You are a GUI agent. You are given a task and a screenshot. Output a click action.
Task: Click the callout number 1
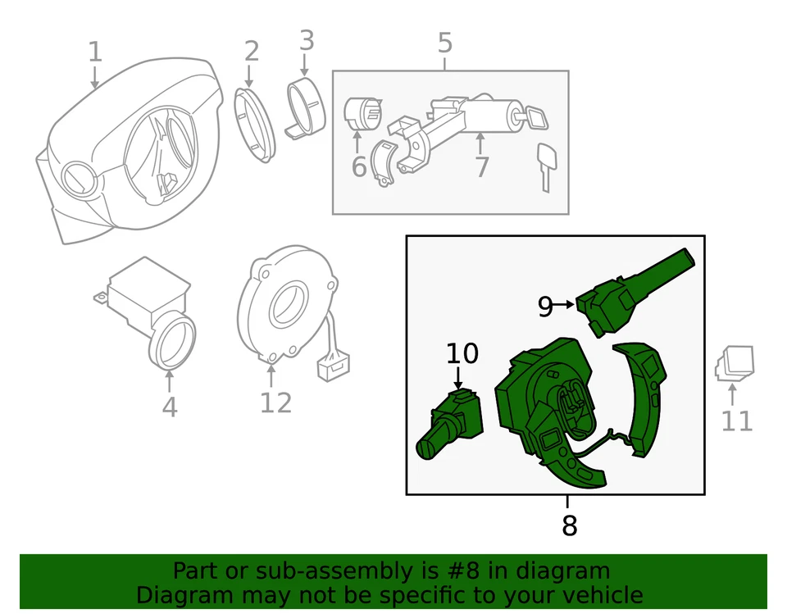(x=95, y=52)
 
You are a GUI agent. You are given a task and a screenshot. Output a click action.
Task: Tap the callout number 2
(x=251, y=51)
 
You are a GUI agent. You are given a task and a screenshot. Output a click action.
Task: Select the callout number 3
(x=306, y=39)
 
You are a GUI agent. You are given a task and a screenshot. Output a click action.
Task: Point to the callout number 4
(x=169, y=407)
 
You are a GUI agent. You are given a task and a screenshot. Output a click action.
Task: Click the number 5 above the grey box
(x=445, y=43)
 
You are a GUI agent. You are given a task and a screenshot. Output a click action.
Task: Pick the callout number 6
(x=359, y=167)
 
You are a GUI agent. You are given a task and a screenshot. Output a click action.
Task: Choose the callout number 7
(x=481, y=167)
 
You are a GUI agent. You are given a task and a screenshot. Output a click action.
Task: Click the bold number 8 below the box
(x=569, y=525)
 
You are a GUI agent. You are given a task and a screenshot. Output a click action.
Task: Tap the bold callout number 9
(x=546, y=306)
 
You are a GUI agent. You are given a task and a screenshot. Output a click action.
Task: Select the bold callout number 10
(x=462, y=353)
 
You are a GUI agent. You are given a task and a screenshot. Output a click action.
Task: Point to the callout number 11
(x=736, y=421)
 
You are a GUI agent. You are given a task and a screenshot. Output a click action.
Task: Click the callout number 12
(x=275, y=403)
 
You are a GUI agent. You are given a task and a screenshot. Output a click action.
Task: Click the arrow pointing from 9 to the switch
(x=565, y=305)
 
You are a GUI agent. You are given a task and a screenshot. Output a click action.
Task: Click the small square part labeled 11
(x=735, y=363)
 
